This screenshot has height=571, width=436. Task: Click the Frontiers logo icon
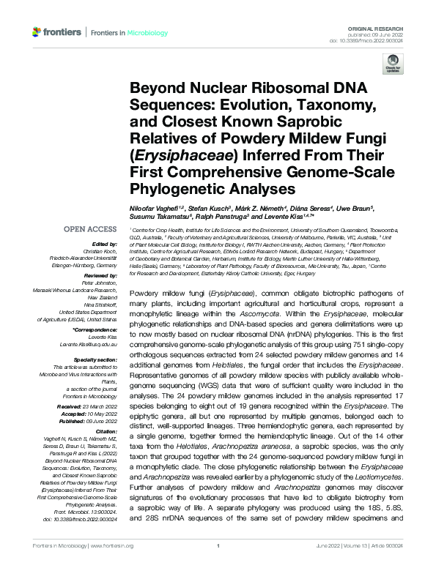37,32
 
